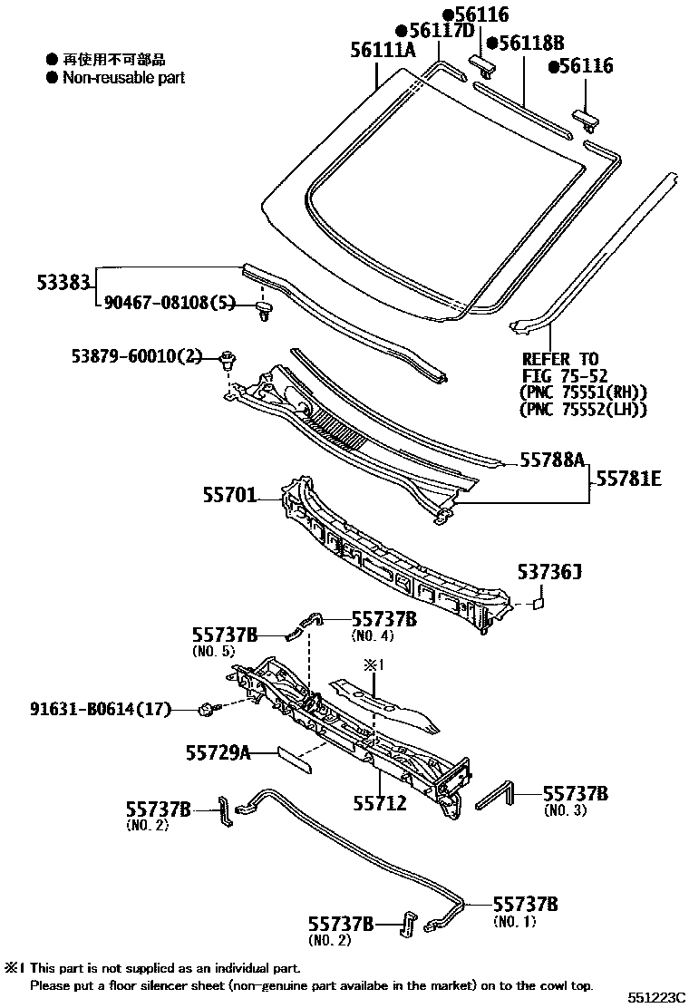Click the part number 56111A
[383, 51]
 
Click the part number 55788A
[552, 460]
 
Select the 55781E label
[628, 477]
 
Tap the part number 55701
[229, 496]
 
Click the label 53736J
[548, 572]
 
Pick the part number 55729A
[218, 751]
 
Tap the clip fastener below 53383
[265, 313]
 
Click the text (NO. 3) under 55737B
[566, 810]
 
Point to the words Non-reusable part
[123, 78]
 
